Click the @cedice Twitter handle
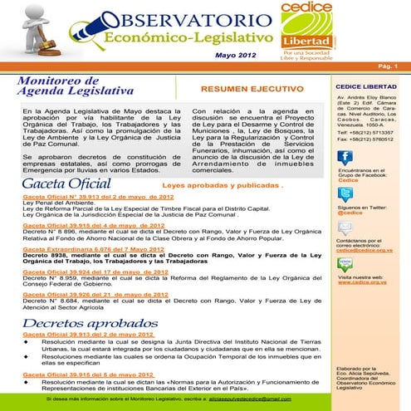pos(349,213)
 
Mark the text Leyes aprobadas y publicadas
pos(218,186)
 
